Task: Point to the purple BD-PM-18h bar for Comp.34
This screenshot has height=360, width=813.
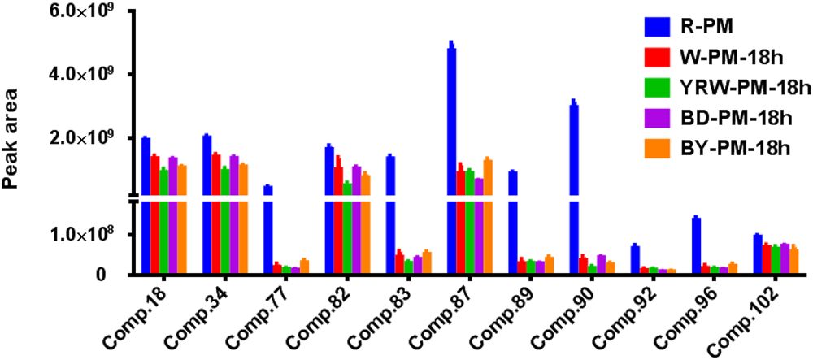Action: click(234, 215)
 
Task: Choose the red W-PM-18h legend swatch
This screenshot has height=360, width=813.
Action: click(657, 58)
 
